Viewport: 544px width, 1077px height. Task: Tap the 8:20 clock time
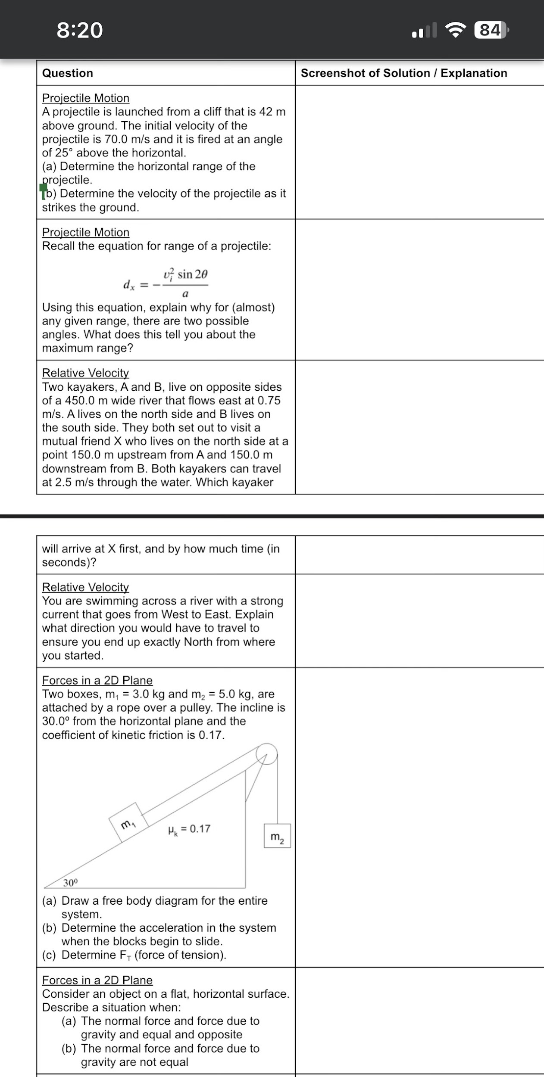pos(80,31)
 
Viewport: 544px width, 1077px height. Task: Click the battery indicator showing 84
pos(491,30)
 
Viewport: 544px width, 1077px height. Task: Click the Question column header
pos(68,73)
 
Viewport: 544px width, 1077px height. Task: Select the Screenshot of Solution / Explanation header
pos(404,73)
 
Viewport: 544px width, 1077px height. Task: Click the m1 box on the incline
pos(128,822)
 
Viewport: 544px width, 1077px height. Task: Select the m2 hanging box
pos(277,836)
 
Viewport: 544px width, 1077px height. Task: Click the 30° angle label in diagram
pos(70,882)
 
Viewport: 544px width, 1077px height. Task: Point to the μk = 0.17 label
pos(189,829)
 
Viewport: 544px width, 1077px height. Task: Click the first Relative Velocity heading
pos(85,373)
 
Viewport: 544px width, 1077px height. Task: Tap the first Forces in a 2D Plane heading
pos(97,680)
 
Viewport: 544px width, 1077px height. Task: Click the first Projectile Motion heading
pos(85,98)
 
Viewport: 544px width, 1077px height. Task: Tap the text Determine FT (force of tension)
pos(144,955)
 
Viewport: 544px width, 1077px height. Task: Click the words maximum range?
pos(88,348)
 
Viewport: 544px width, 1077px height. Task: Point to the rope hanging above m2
pos(277,793)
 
